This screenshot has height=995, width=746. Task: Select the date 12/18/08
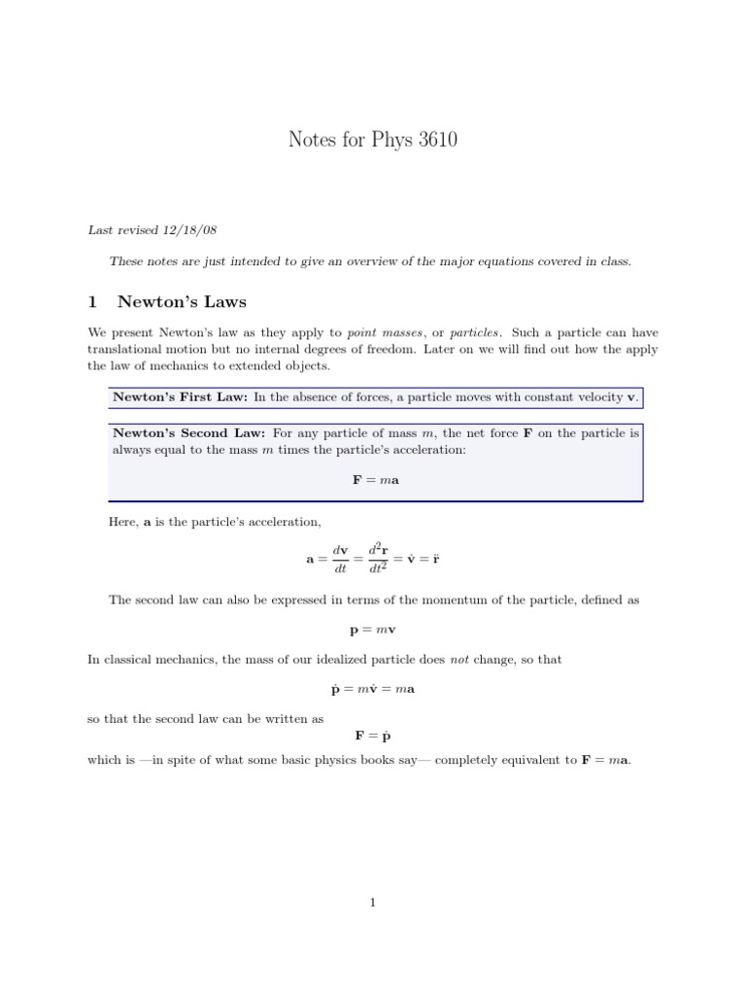pos(188,230)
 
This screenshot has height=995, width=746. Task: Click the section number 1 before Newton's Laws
pos(93,302)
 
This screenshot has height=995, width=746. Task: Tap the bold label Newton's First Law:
pos(181,397)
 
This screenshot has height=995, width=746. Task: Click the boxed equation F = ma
pos(374,480)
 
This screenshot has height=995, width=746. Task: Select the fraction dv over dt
pos(340,561)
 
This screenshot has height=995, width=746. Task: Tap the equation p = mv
pos(374,630)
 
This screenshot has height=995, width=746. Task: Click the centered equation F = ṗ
pos(374,736)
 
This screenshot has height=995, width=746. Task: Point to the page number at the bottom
pos(373,903)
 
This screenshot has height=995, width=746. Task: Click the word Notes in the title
pos(311,140)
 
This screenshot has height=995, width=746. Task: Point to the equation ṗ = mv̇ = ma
pos(374,690)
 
